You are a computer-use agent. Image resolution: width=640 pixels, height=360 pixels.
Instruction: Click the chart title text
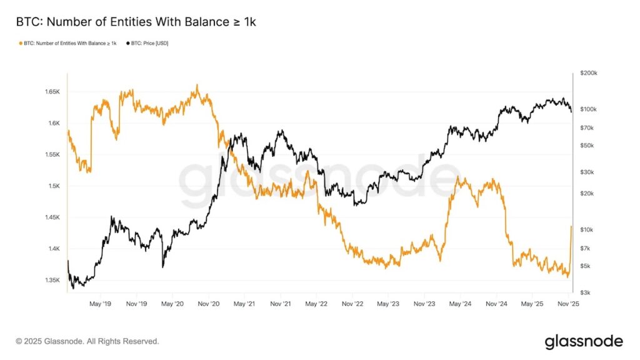point(136,22)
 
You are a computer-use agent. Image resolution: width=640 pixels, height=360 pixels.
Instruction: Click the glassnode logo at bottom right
point(584,341)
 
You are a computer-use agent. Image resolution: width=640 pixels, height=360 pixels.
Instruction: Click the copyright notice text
point(87,341)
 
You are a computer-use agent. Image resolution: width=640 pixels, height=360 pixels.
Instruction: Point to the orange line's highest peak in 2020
point(197,86)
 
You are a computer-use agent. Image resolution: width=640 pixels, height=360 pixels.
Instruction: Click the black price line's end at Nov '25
point(571,111)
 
